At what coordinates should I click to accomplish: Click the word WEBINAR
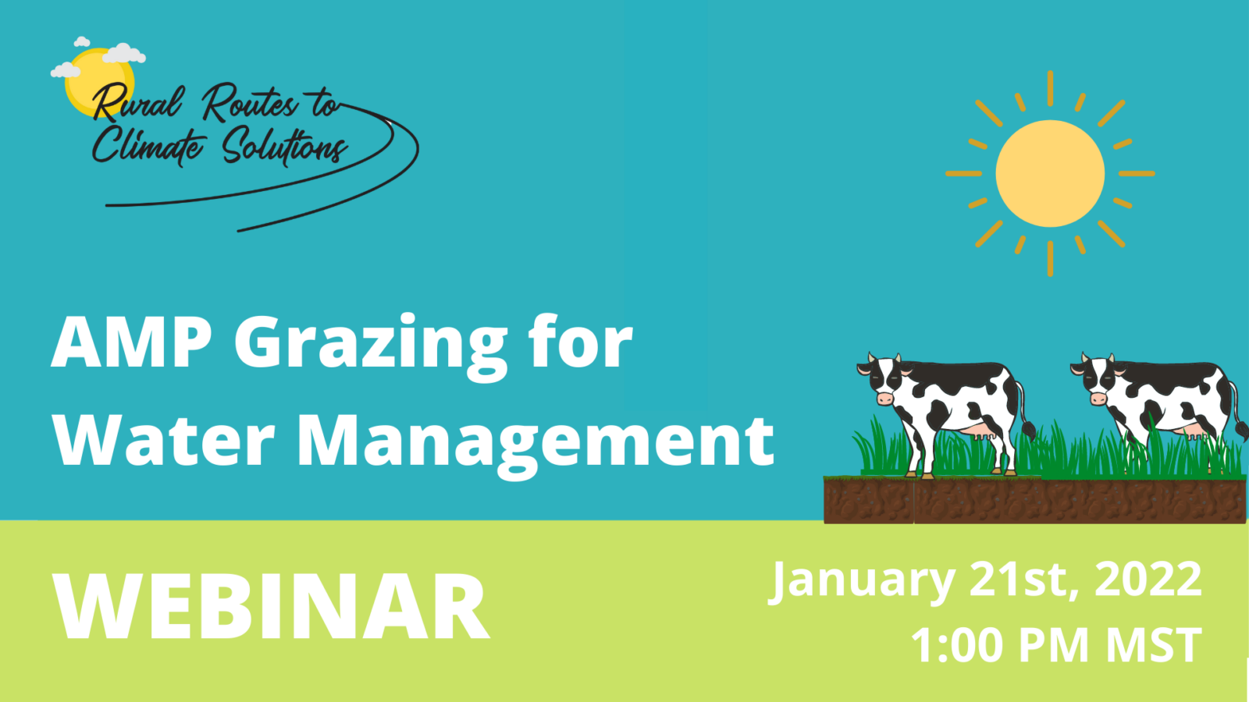click(271, 606)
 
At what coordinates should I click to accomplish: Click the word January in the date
click(863, 582)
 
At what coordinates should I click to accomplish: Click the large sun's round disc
click(1050, 173)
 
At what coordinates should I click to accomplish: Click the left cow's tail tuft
click(1028, 431)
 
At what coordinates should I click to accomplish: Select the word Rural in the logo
click(137, 103)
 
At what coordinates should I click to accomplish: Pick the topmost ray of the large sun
click(1050, 88)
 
